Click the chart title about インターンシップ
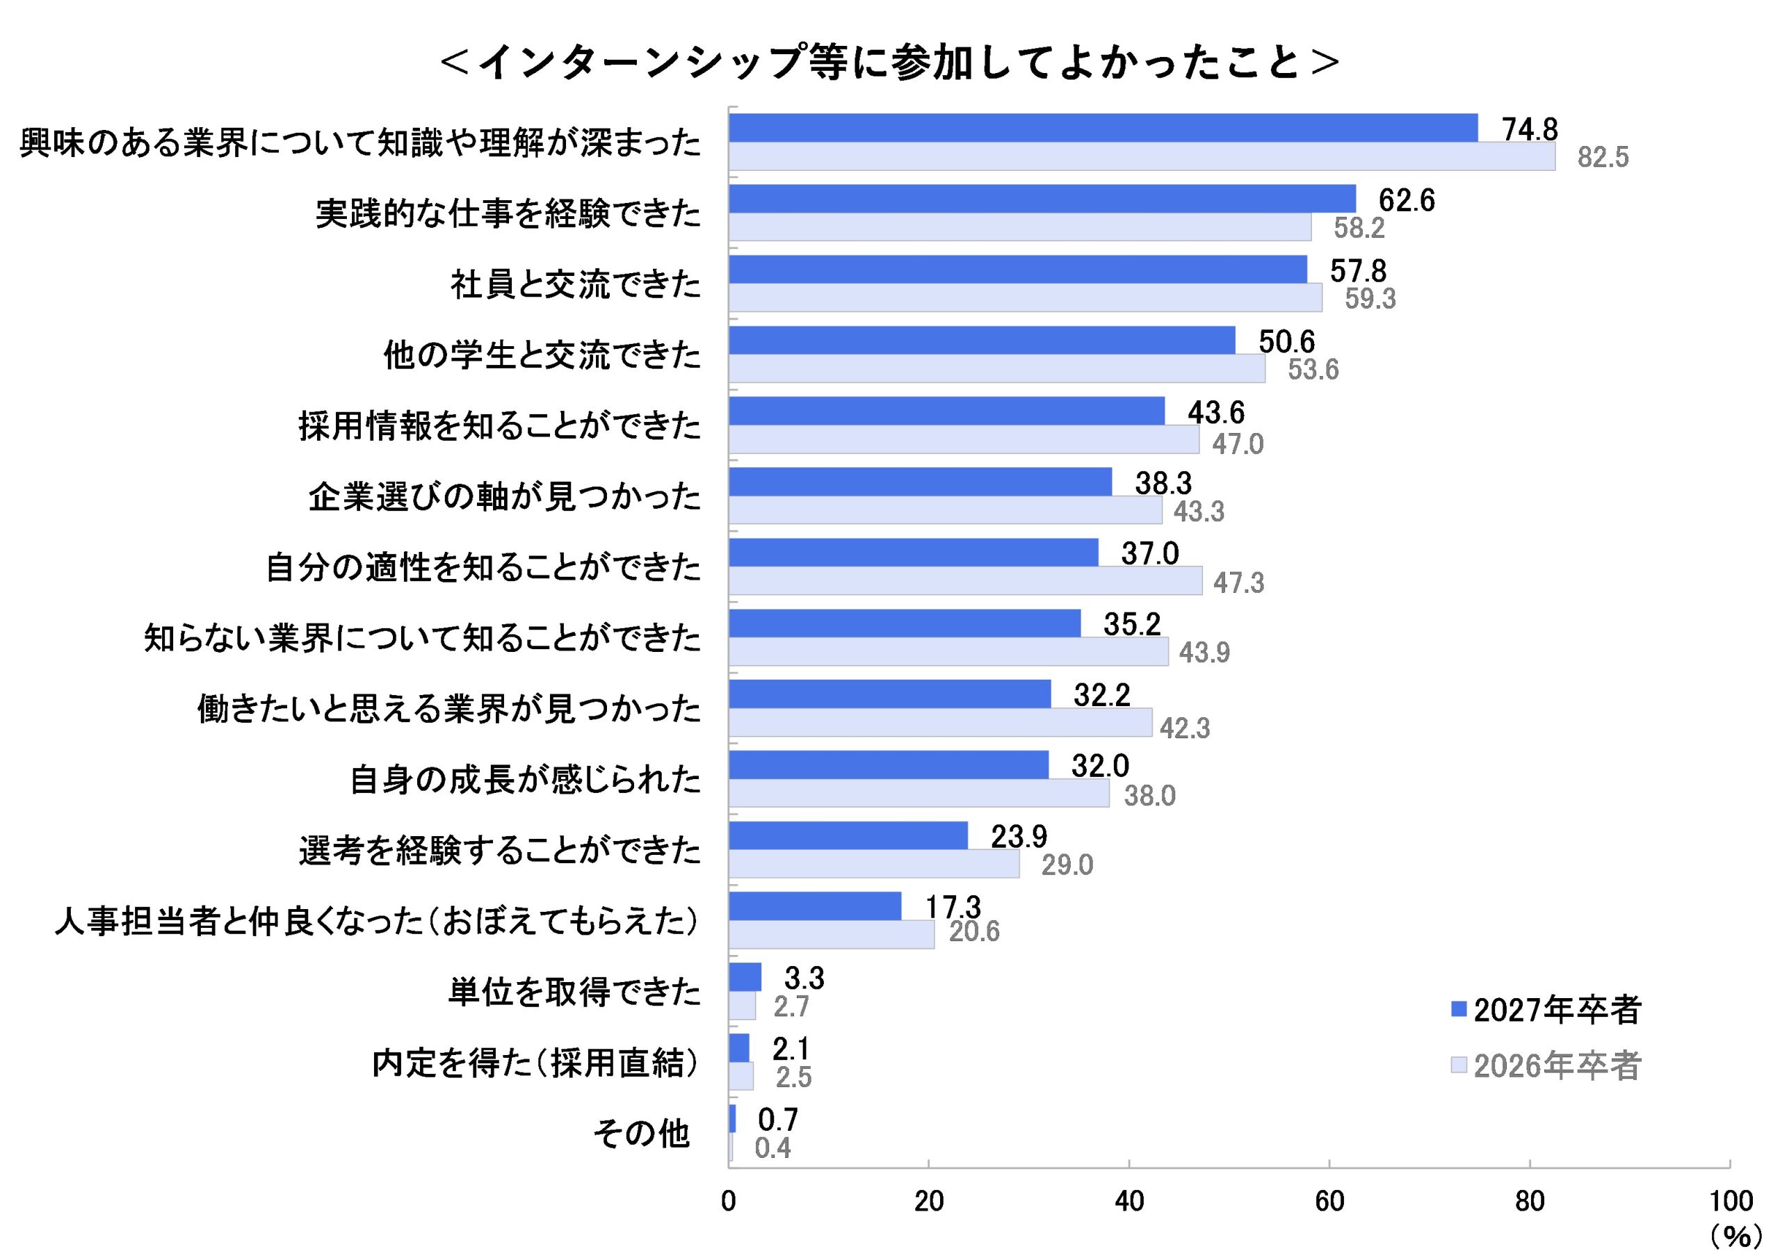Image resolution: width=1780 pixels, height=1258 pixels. pos(889,62)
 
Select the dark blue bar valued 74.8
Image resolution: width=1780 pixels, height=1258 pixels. pos(1103,128)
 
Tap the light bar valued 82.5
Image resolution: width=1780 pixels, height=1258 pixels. pos(1141,156)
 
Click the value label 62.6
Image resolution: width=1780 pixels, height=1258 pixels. pos(1407,200)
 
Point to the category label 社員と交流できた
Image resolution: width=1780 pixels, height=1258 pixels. pos(575,284)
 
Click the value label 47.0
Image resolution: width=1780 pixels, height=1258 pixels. pos(1238,444)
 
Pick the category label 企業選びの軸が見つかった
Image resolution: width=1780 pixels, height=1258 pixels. pos(505,497)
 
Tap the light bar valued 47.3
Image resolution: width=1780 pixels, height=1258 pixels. pos(965,580)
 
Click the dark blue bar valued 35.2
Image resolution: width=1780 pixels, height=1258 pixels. pos(904,623)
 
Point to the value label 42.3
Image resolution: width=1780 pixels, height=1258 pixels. pos(1185,728)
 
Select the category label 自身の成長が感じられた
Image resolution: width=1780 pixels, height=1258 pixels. pos(525,780)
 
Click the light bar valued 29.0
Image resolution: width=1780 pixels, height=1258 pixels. pos(874,864)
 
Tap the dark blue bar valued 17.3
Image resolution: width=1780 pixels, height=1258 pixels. pos(815,906)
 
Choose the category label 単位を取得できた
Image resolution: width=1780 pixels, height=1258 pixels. pos(574,992)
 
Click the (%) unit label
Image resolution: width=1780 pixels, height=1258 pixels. pos(1735,1236)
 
